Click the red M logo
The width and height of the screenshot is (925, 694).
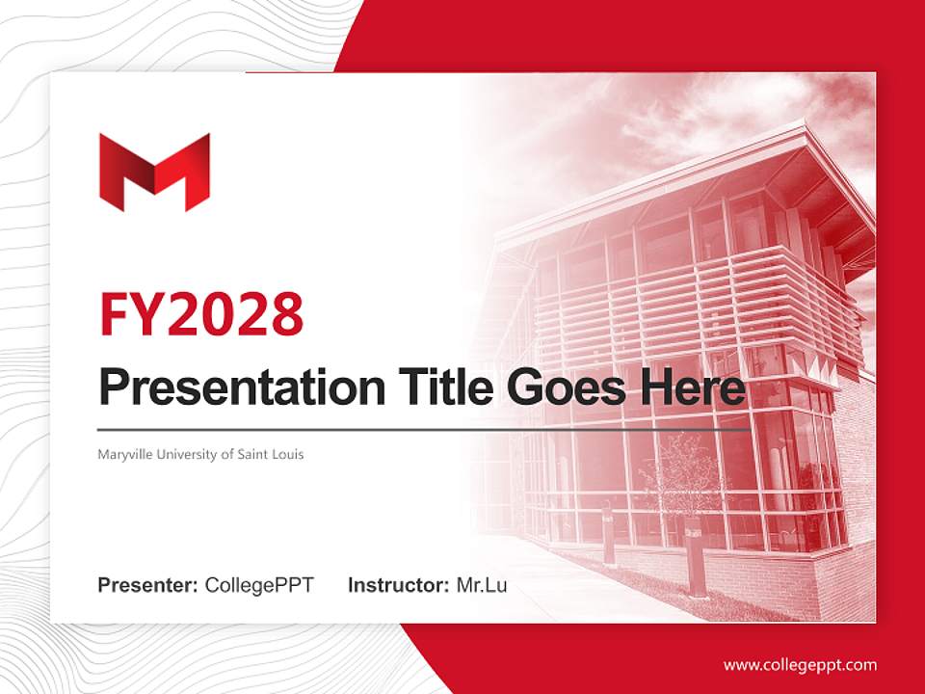(154, 172)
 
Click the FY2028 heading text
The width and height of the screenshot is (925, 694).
(201, 313)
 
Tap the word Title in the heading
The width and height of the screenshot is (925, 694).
(439, 387)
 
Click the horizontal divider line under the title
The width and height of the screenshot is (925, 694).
(424, 430)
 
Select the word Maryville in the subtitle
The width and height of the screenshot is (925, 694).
(123, 454)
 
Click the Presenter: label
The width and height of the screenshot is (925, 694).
(148, 585)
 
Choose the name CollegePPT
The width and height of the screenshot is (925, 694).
(259, 585)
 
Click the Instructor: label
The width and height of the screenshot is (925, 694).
(398, 585)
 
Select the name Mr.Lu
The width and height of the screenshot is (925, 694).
(482, 585)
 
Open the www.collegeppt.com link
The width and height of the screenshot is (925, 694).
(800, 665)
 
